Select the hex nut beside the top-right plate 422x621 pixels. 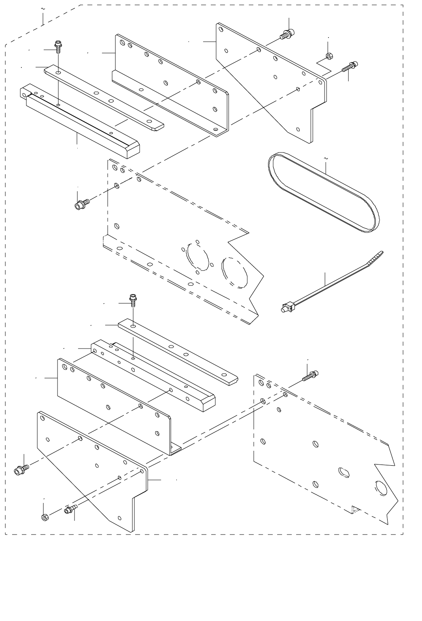pos(329,56)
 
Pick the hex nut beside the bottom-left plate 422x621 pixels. pos(45,517)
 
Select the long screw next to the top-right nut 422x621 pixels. pos(350,66)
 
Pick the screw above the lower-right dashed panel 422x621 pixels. pos(310,376)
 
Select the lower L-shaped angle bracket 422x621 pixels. pos(113,404)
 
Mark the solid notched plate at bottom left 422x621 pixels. pos(93,473)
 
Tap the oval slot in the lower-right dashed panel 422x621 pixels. pos(343,471)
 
